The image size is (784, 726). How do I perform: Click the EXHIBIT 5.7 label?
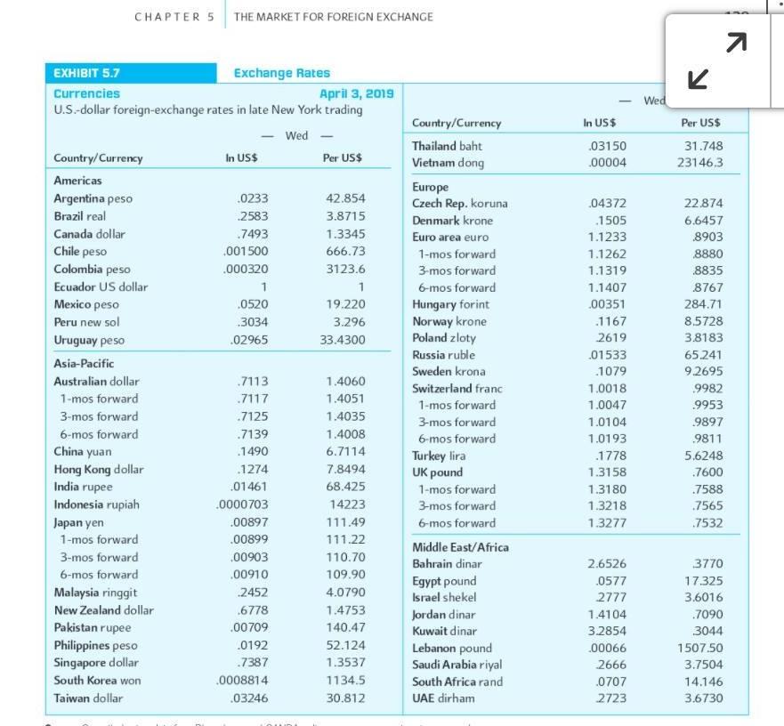tap(87, 74)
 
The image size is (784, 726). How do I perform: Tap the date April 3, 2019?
tap(356, 93)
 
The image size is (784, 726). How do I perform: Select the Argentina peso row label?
tap(93, 198)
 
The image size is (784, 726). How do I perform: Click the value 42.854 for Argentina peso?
tap(345, 198)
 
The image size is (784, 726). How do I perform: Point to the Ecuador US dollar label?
tap(101, 286)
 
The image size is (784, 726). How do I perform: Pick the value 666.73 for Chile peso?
tap(345, 251)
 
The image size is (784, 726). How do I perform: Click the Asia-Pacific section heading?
tap(84, 363)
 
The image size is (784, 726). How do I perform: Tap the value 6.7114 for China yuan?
tap(345, 452)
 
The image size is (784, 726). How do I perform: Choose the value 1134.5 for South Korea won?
tap(345, 681)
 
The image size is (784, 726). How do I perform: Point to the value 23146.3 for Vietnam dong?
tap(699, 163)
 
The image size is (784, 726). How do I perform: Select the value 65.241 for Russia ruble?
tap(703, 355)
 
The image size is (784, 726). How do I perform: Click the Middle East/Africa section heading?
tap(460, 546)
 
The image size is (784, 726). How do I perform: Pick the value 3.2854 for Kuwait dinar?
tap(607, 631)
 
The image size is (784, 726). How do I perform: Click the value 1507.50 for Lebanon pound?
tap(700, 648)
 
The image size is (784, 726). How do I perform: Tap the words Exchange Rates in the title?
tap(281, 74)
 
